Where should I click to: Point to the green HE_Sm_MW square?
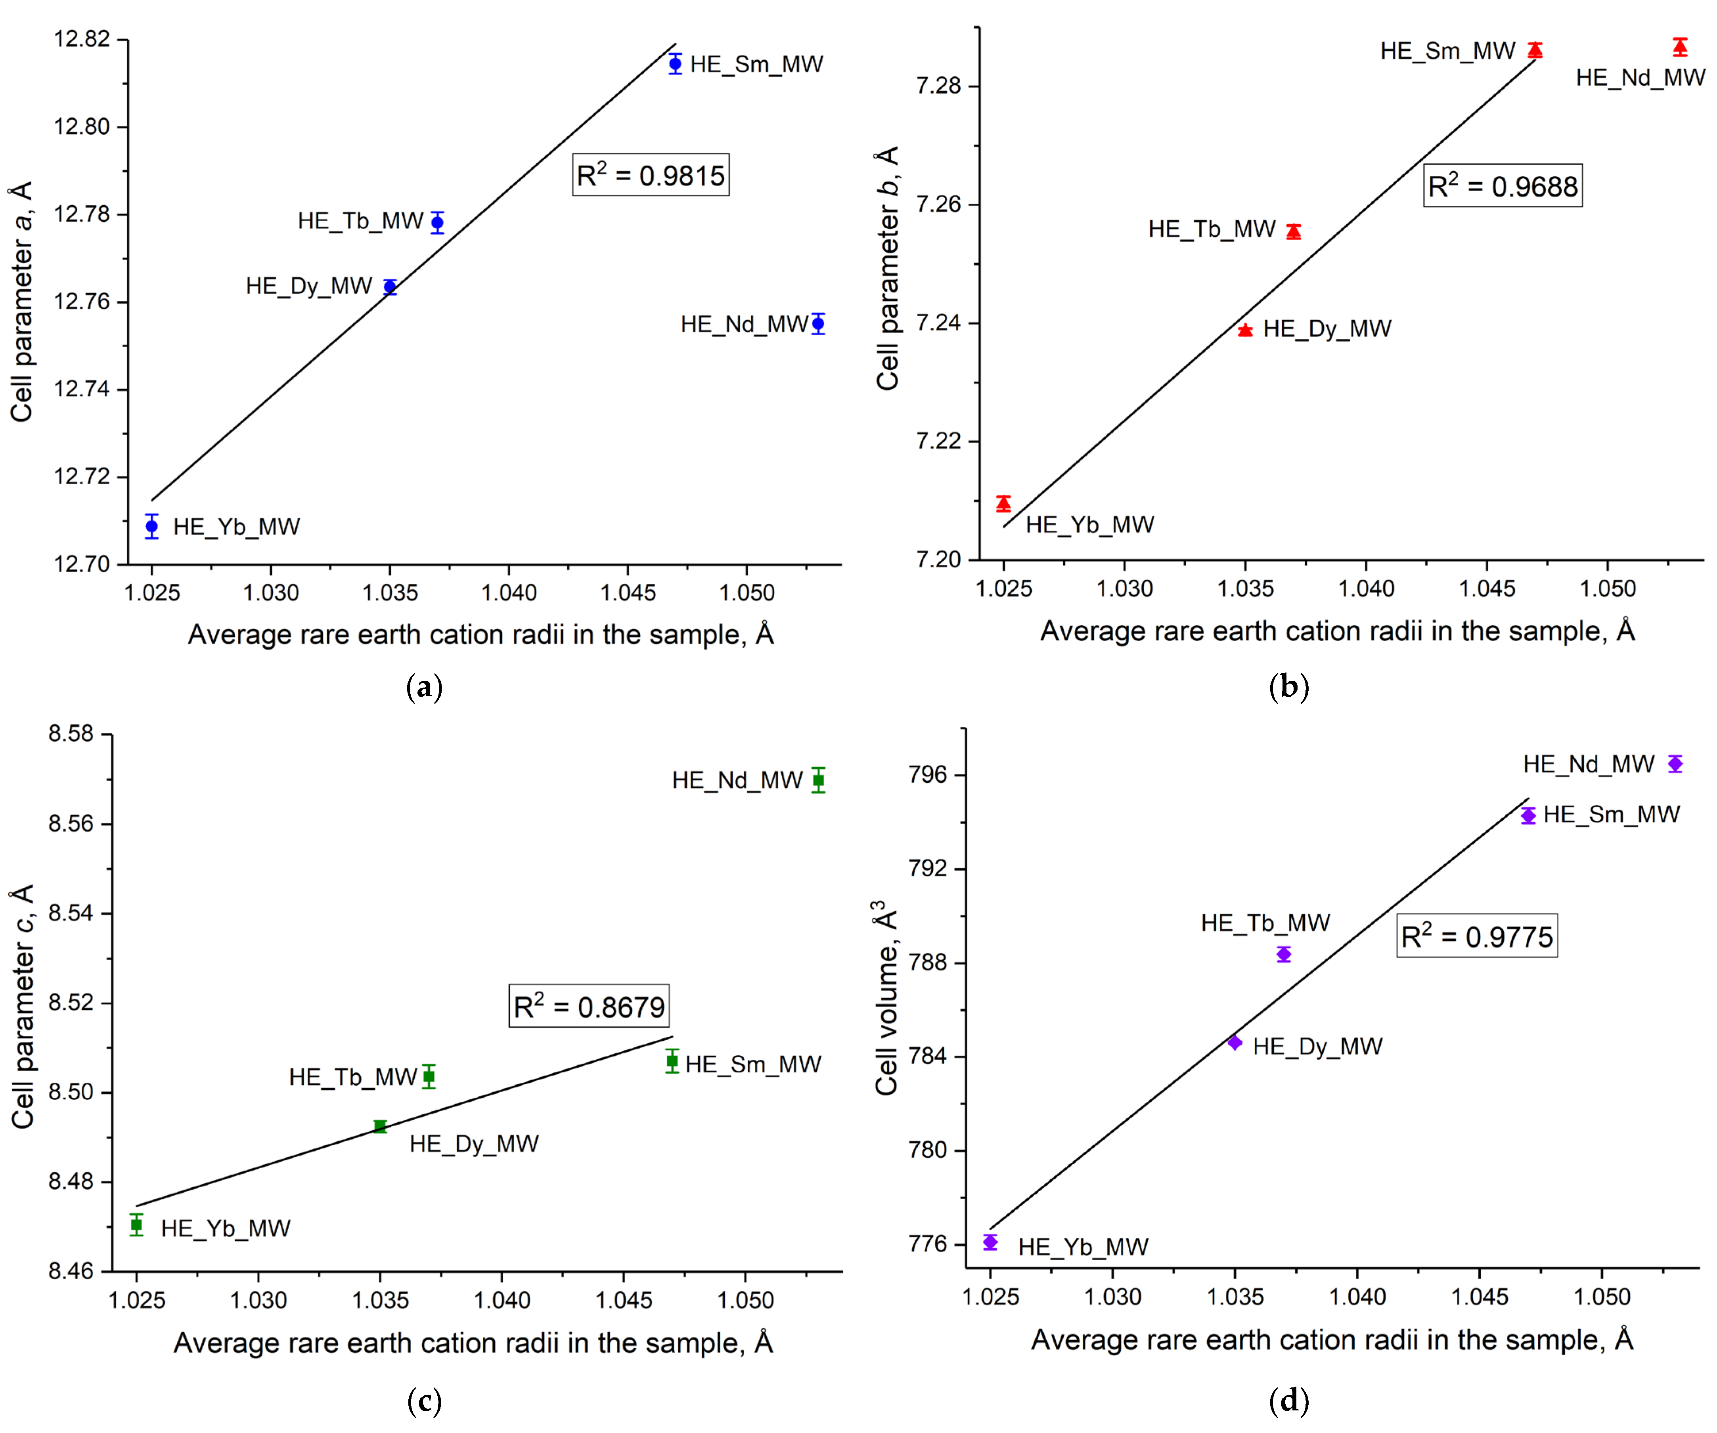point(672,1061)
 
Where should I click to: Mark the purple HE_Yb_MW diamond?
point(990,1242)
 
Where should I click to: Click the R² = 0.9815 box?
point(650,175)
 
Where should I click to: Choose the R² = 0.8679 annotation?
point(589,1005)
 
